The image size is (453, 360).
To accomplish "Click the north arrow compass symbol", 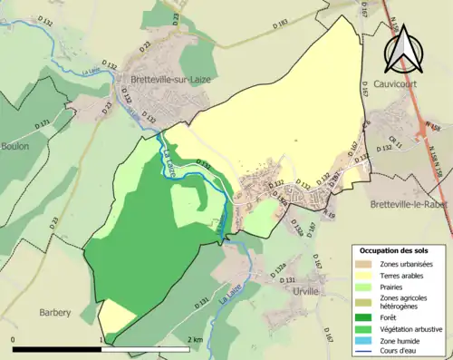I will tap(403, 51).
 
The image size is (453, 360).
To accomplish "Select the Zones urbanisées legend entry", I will tap(406, 264).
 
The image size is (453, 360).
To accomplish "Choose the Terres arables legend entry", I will tap(402, 277).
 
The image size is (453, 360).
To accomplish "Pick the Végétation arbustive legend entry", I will tap(410, 329).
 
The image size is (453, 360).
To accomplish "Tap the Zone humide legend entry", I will tap(400, 342).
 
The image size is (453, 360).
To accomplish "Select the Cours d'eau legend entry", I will tap(400, 354).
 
